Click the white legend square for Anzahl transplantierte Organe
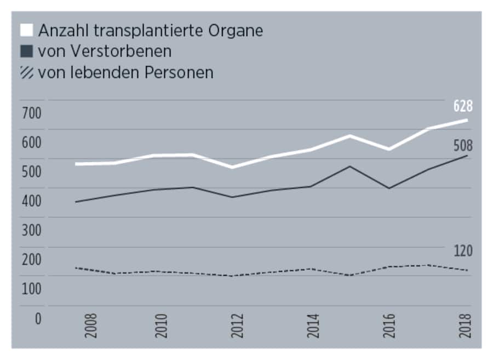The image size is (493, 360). coord(26,30)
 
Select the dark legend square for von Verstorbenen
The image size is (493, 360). coord(26,52)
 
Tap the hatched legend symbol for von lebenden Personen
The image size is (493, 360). coord(26,72)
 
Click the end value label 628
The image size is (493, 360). coord(463,106)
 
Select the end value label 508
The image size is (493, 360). coord(463,146)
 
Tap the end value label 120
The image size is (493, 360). coord(463,251)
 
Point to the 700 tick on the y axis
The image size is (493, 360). coord(31,114)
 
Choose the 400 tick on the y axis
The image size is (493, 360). coord(31,202)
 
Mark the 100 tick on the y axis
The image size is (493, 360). coord(31,289)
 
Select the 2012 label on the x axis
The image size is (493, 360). coord(237,325)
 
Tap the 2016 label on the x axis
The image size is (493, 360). coord(389,325)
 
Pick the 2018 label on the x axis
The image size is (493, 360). coord(465,325)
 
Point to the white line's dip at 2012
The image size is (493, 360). coord(232,167)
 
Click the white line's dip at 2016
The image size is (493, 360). coord(389,149)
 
